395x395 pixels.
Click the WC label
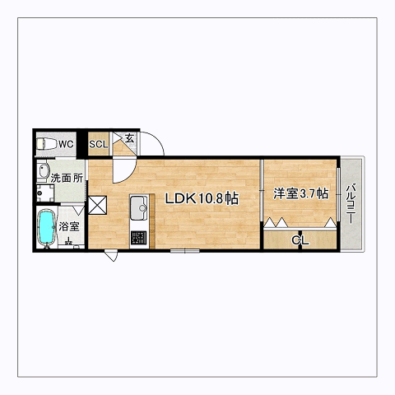coord(66,144)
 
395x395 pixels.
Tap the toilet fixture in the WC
coord(46,144)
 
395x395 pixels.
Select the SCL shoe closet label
coord(99,144)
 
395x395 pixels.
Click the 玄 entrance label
coord(129,138)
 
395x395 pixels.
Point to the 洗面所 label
coord(67,179)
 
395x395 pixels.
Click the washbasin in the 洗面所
coord(44,170)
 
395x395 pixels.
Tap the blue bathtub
coord(46,227)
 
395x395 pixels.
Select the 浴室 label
coord(69,226)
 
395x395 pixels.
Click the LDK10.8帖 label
coord(202,198)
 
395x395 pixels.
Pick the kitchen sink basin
coord(139,207)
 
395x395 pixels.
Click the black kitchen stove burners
coord(138,238)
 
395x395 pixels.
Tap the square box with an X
coord(97,205)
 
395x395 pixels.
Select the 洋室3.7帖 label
coord(300,193)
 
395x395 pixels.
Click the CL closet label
coord(300,240)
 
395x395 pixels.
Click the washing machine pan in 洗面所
coord(45,193)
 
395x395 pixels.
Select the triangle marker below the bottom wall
coord(111,256)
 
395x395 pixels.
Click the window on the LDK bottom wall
coord(184,250)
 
